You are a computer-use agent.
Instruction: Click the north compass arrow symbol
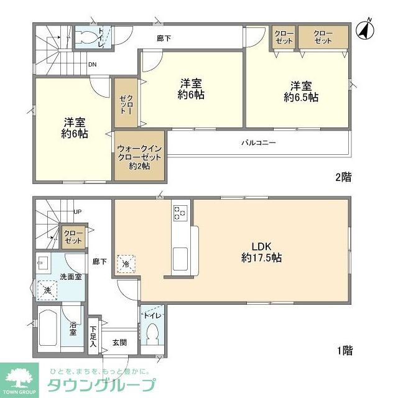tap(364, 28)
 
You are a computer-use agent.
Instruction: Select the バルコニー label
tap(258, 142)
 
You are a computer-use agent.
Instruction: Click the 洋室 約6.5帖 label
tap(301, 91)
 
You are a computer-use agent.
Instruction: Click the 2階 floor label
tap(343, 177)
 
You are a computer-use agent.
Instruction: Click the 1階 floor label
tap(344, 351)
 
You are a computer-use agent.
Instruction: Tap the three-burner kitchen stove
tap(180, 213)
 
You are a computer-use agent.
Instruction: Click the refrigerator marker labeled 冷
tap(126, 264)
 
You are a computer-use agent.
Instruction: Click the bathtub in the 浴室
tap(48, 330)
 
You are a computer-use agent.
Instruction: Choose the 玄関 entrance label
tap(120, 342)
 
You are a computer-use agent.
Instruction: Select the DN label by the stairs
tap(91, 63)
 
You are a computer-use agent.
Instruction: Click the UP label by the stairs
tap(78, 212)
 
